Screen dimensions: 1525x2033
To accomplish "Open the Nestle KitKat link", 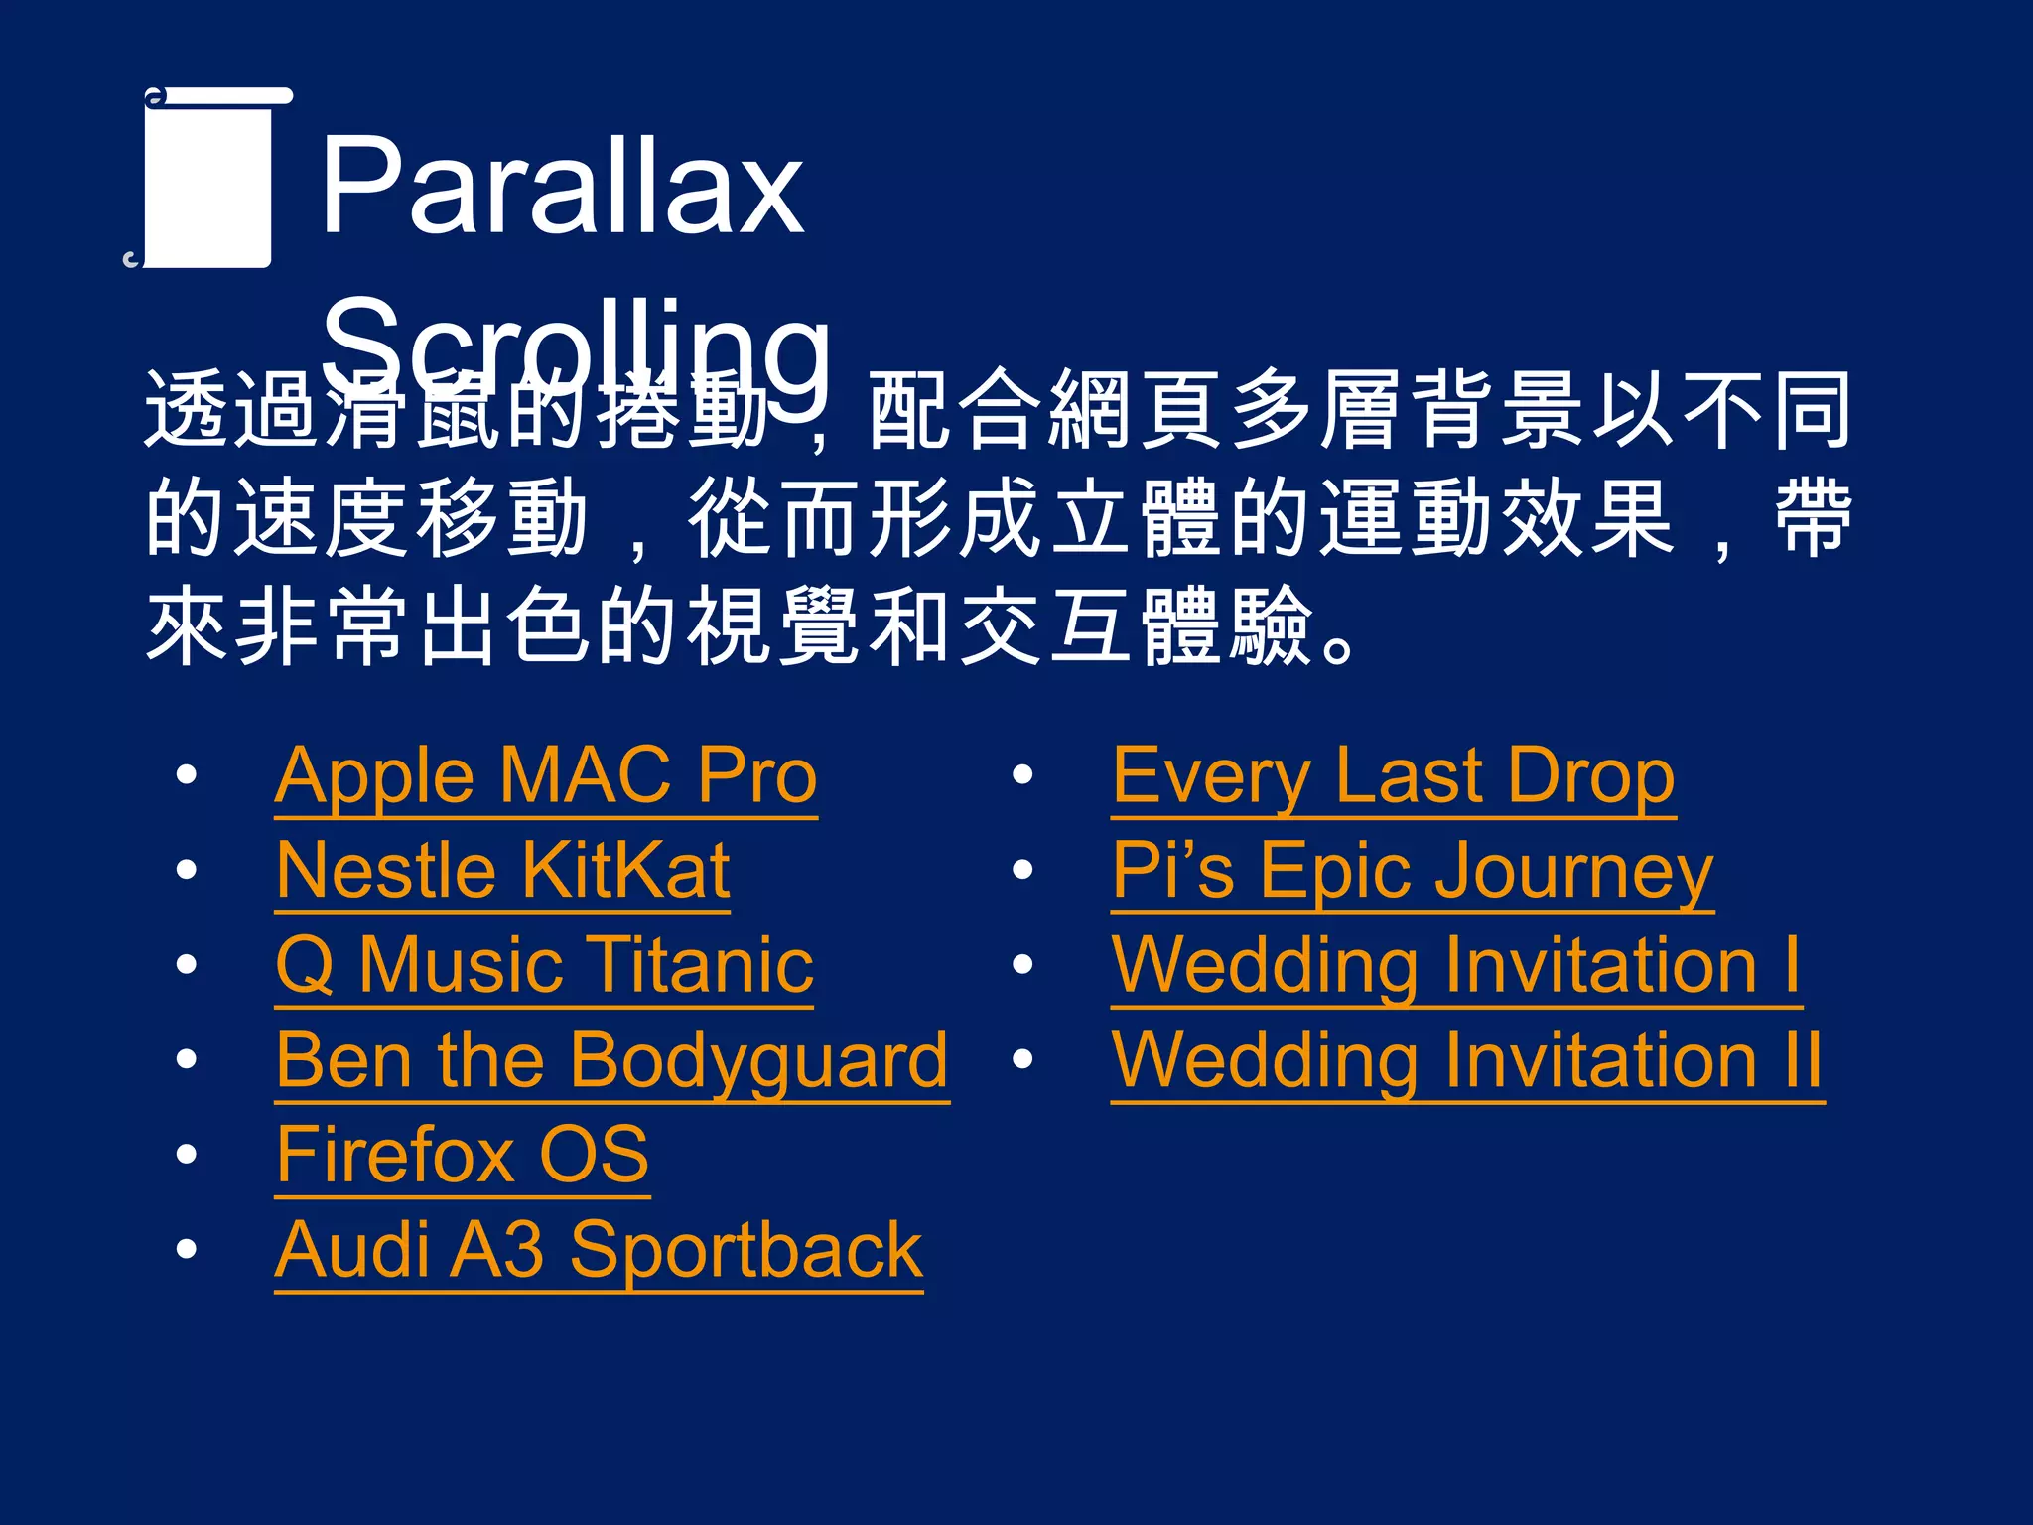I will point(502,871).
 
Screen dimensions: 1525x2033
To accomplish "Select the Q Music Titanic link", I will point(544,965).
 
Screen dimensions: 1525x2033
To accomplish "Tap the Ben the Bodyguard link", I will point(611,1060).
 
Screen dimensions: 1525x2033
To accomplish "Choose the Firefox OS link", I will point(462,1155).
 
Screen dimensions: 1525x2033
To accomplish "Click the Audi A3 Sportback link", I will point(598,1250).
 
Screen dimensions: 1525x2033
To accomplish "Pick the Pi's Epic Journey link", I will point(1412,871).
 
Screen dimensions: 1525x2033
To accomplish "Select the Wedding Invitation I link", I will point(1455,965).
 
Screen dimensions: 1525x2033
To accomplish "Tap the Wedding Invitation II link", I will point(1466,1060).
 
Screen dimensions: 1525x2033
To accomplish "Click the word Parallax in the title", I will point(562,186).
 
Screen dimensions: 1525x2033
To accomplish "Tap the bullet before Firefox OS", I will point(186,1155).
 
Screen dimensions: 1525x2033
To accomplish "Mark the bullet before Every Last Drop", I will point(1022,775).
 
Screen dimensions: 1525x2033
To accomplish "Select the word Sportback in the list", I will point(745,1250).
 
